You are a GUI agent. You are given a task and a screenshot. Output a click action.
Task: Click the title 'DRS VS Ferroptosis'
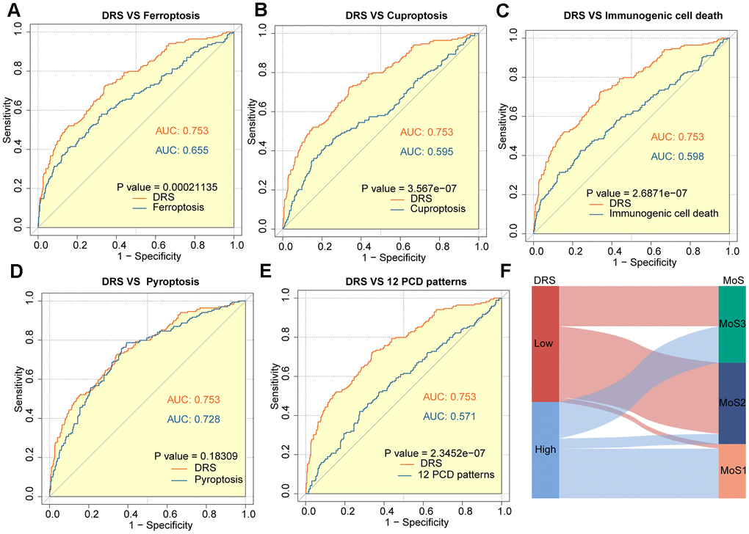click(134, 16)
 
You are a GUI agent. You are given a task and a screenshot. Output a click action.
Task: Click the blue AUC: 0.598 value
click(674, 156)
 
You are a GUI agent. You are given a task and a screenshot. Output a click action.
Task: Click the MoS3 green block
click(731, 323)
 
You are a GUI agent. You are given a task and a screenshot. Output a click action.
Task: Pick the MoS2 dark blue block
click(731, 403)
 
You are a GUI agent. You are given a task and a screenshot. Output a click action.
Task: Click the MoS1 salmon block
click(731, 471)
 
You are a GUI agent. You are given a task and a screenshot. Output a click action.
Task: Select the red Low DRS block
click(545, 343)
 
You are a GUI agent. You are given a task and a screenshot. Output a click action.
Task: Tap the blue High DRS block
click(545, 450)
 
